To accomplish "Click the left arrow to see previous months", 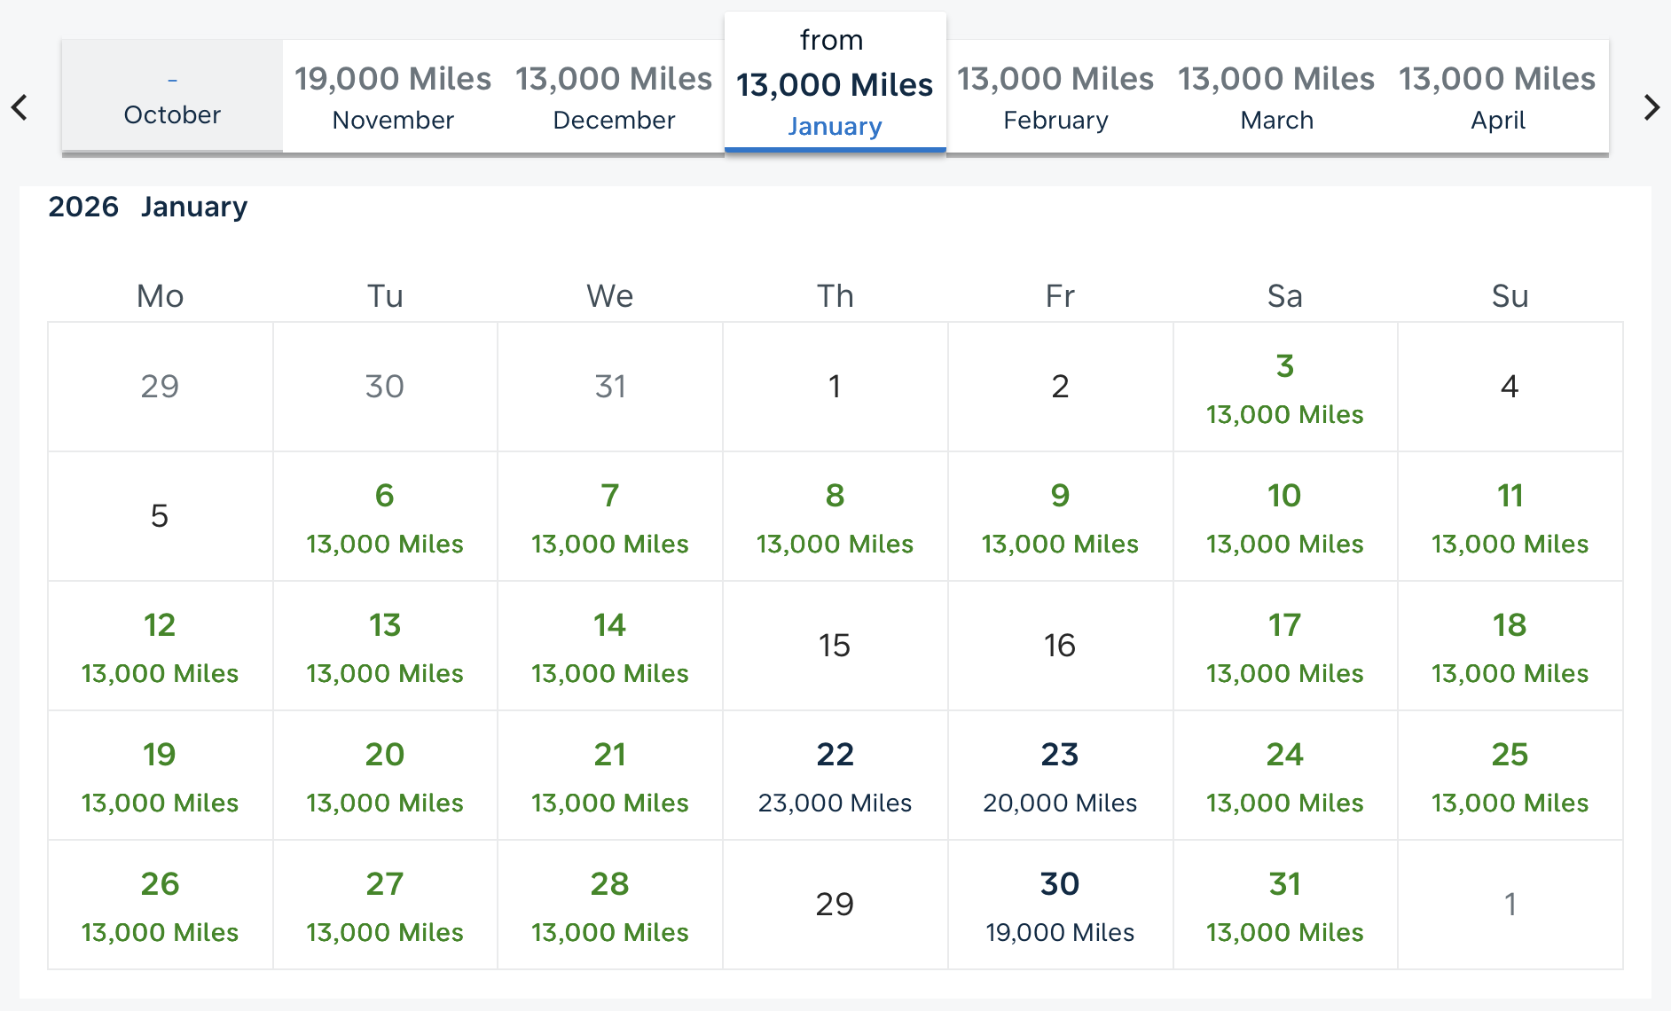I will coord(20,107).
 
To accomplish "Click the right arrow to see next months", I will coord(1651,107).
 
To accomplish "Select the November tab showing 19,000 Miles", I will coord(393,97).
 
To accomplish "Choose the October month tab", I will coord(172,97).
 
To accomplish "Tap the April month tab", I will coord(1497,97).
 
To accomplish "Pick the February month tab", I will coord(1055,97).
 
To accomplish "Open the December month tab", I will coord(614,97).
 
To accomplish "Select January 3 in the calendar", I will coord(1284,388).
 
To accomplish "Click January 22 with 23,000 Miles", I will coord(835,776).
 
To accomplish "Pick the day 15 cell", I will coord(835,646).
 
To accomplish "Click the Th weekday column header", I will coord(835,296).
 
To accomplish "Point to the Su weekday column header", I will coord(1510,296).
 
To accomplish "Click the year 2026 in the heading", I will coord(83,207).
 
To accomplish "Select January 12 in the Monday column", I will coord(160,647).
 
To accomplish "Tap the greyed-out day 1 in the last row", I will coord(1510,905).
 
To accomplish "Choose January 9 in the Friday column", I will coord(1060,517).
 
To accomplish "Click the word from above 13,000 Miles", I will coord(831,40).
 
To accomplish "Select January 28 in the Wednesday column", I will coord(610,905).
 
